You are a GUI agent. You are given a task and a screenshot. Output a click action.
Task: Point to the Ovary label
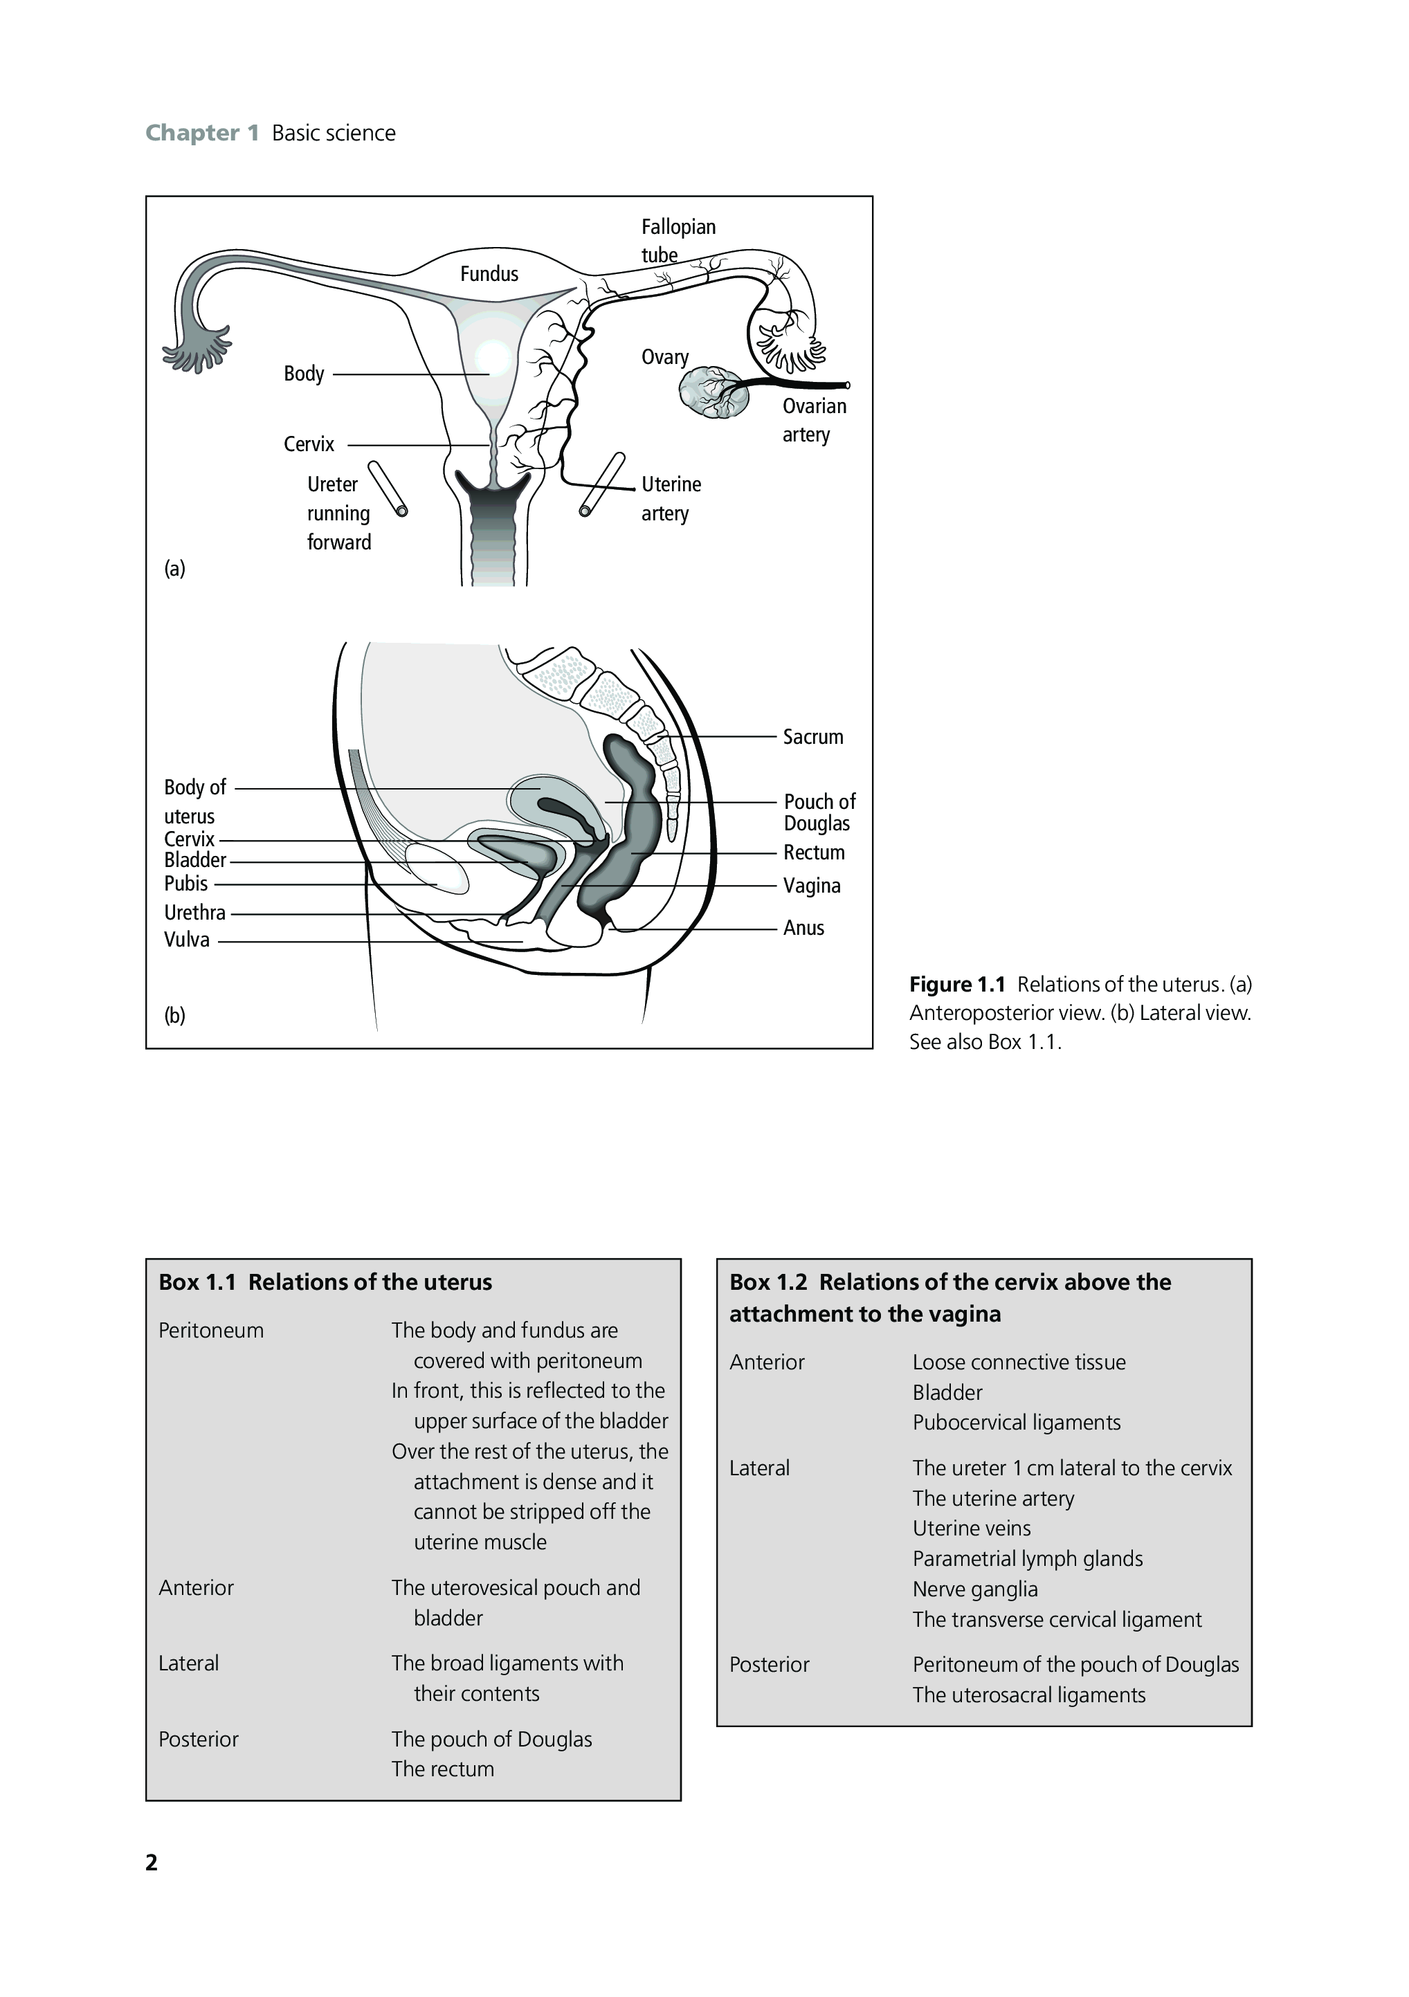(664, 356)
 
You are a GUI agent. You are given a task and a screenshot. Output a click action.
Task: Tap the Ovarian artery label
(813, 420)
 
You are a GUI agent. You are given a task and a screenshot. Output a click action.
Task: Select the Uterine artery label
(671, 498)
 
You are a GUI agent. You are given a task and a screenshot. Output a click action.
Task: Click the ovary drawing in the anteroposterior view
(713, 392)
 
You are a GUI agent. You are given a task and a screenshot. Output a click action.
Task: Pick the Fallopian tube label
(678, 240)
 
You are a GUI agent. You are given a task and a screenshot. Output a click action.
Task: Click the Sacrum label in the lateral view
(812, 737)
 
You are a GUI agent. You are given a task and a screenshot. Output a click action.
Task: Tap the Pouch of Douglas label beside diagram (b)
(819, 812)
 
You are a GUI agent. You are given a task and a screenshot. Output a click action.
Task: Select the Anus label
(803, 928)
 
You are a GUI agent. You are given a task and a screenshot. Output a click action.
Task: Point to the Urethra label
(195, 913)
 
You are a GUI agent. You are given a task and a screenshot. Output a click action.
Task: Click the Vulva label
(187, 940)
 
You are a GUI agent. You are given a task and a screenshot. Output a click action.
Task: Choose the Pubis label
(186, 884)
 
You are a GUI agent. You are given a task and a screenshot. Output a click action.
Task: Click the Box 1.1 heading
(325, 1282)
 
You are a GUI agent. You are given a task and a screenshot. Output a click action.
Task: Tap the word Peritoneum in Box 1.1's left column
(210, 1330)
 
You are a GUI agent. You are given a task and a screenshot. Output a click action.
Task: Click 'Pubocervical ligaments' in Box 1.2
(1016, 1422)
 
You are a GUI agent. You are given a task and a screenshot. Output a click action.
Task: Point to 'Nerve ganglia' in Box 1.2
(975, 1589)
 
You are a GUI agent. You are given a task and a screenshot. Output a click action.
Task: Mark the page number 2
(152, 1862)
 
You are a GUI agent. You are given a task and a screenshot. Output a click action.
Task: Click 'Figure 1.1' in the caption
(956, 985)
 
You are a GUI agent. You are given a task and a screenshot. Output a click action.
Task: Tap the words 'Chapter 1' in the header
(202, 133)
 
